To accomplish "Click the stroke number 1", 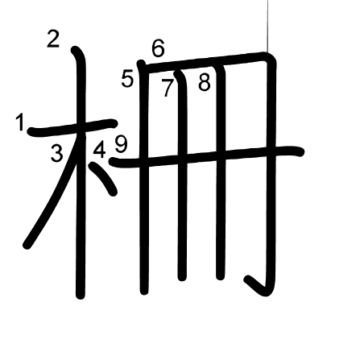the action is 20,122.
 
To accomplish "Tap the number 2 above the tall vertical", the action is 53,39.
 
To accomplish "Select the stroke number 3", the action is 56,153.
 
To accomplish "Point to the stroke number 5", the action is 127,79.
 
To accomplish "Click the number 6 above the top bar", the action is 158,48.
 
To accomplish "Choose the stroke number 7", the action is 167,89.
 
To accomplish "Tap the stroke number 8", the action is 205,82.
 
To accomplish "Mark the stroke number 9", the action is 121,144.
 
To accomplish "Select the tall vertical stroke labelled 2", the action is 81,172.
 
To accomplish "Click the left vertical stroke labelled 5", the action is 144,177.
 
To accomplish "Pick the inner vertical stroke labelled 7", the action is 182,175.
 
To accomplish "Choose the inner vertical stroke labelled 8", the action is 221,172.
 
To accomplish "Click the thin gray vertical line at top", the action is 267,27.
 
